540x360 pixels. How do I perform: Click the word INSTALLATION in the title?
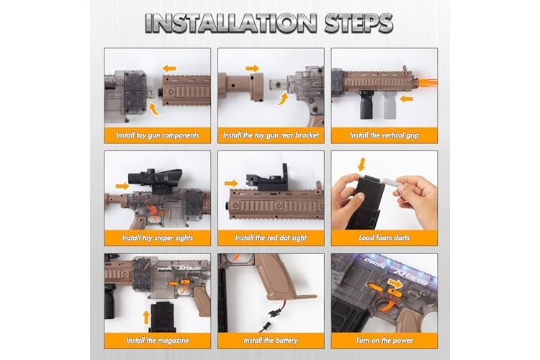pyautogui.click(x=230, y=23)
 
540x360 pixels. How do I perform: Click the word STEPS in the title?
pyautogui.click(x=359, y=23)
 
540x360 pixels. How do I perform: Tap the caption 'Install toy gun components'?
pyautogui.click(x=158, y=135)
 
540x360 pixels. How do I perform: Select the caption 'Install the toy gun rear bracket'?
pyautogui.click(x=271, y=135)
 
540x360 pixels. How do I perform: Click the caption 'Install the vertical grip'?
pyautogui.click(x=384, y=135)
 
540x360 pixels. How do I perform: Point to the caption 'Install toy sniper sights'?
pyautogui.click(x=158, y=238)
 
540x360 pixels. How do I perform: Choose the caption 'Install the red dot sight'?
pyautogui.click(x=271, y=238)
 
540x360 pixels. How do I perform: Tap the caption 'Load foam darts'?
pyautogui.click(x=384, y=238)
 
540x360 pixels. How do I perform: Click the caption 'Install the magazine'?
pyautogui.click(x=158, y=341)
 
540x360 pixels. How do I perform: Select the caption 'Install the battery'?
pyautogui.click(x=271, y=341)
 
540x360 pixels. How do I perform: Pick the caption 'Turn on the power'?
pyautogui.click(x=384, y=341)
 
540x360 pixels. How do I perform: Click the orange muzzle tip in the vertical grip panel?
pyautogui.click(x=428, y=83)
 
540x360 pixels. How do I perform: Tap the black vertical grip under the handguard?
pyautogui.click(x=366, y=104)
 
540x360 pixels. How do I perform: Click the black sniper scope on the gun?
pyautogui.click(x=155, y=178)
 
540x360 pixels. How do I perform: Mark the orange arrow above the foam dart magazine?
pyautogui.click(x=361, y=165)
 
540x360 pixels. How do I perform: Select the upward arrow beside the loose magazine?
pyautogui.click(x=146, y=318)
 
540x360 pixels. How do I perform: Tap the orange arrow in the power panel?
pyautogui.click(x=395, y=284)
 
